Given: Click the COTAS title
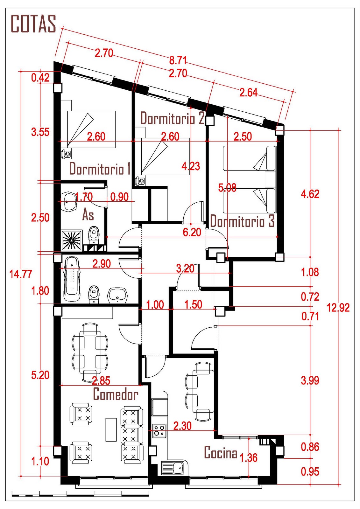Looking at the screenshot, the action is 33,24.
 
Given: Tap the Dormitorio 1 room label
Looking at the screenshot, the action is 100,168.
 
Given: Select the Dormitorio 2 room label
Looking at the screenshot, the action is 173,118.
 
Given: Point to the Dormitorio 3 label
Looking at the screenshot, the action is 242,221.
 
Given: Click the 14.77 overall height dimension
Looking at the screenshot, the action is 21,274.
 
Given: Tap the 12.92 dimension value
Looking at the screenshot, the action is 338,308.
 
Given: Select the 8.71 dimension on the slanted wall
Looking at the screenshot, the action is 178,60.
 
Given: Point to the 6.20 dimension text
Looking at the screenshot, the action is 192,232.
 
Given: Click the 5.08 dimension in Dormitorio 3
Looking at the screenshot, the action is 227,188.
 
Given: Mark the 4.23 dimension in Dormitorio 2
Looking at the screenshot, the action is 191,166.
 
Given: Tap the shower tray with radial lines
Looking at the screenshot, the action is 72,240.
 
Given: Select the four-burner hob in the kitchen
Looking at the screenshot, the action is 159,431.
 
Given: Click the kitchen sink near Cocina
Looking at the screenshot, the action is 174,468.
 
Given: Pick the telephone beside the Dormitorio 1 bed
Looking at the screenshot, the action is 66,154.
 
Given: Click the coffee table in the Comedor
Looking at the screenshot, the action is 111,429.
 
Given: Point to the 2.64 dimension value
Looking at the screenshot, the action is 248,93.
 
